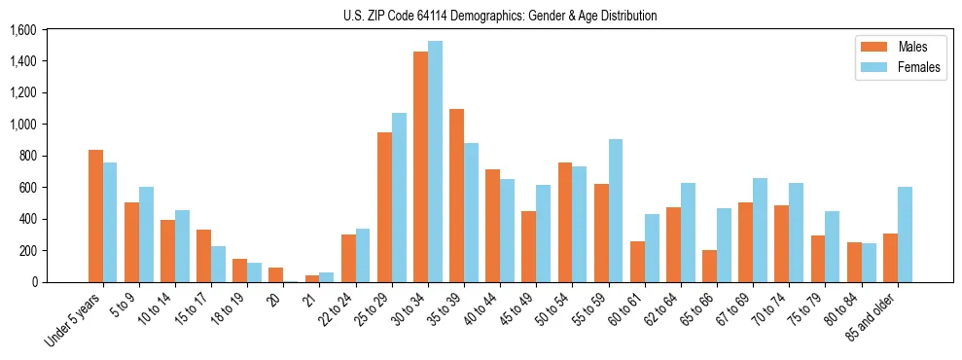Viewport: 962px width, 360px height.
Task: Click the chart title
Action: coord(500,17)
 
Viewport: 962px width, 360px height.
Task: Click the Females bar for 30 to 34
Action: coord(436,162)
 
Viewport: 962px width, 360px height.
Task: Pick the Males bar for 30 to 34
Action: coord(420,166)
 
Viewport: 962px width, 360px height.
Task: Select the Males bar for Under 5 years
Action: coord(95,216)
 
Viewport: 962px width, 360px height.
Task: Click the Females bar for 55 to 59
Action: coord(616,210)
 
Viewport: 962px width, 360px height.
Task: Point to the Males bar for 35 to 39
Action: coord(456,196)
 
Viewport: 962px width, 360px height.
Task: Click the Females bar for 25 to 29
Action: coord(399,198)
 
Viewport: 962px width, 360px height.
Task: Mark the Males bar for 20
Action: coord(276,274)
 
